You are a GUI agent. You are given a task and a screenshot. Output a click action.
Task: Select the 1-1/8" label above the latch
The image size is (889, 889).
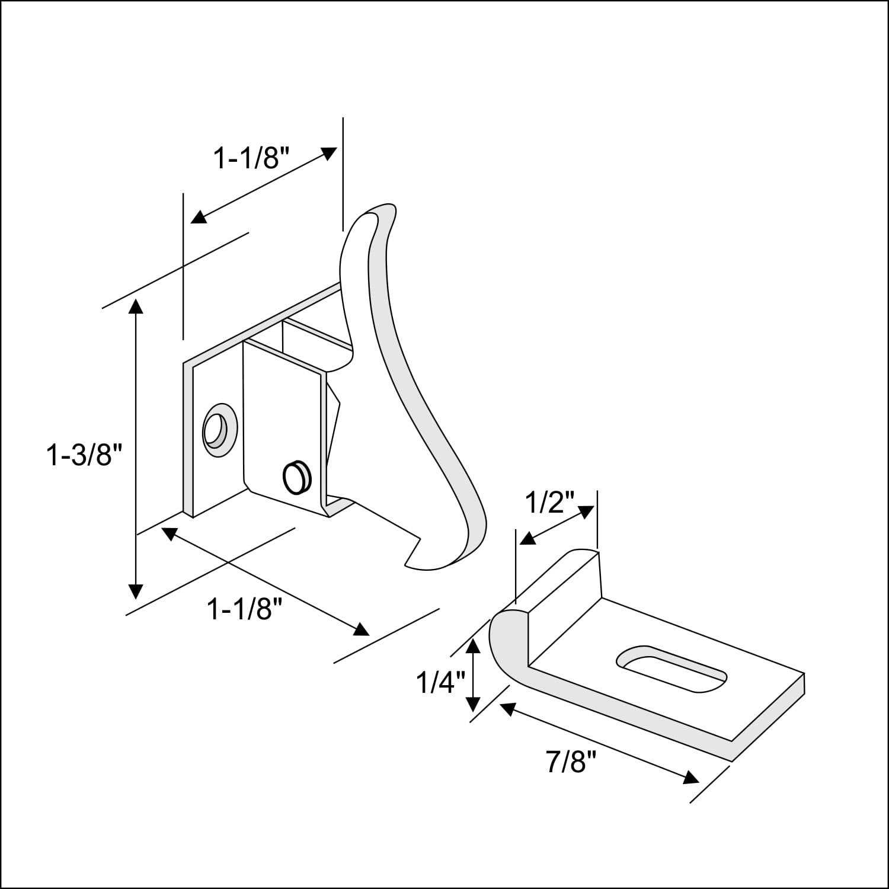pyautogui.click(x=251, y=158)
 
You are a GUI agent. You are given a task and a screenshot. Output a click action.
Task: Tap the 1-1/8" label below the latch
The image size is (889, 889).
pyautogui.click(x=244, y=609)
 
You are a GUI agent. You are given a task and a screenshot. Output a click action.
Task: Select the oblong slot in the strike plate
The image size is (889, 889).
pyautogui.click(x=671, y=668)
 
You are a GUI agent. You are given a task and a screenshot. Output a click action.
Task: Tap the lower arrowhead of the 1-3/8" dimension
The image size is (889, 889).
pyautogui.click(x=136, y=590)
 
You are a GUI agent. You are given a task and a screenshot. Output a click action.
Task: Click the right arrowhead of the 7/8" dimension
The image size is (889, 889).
pyautogui.click(x=690, y=777)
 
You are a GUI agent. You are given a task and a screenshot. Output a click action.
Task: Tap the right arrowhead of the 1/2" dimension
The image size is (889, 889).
pyautogui.click(x=586, y=511)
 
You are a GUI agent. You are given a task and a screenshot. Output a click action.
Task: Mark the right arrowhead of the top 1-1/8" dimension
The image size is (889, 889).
pyautogui.click(x=328, y=153)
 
